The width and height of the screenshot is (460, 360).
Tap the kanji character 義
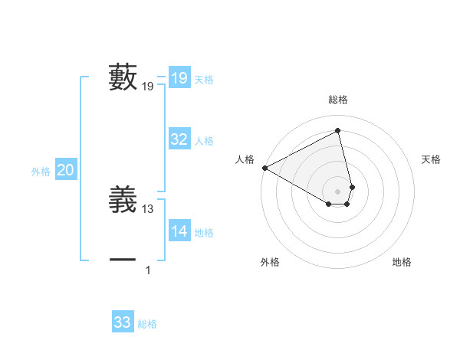click(x=123, y=201)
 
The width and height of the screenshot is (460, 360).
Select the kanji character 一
click(x=123, y=260)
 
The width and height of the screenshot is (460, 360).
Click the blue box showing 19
click(x=179, y=78)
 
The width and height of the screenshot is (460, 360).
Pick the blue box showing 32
click(x=179, y=139)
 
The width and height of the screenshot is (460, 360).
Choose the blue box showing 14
click(x=179, y=231)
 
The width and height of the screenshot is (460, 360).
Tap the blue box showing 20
click(x=65, y=170)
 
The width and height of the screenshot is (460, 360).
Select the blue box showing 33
click(x=122, y=322)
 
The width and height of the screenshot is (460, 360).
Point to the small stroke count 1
click(x=148, y=270)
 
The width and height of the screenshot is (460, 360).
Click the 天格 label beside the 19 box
click(x=204, y=80)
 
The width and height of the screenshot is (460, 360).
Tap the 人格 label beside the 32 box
click(x=204, y=141)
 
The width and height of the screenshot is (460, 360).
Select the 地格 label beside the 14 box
click(x=204, y=233)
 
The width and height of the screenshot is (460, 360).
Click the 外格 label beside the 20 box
click(x=41, y=172)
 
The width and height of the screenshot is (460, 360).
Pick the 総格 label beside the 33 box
click(x=147, y=324)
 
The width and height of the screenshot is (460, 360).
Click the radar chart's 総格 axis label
click(x=338, y=100)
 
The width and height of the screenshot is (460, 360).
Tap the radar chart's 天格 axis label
click(x=431, y=159)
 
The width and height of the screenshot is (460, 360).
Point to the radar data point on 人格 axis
click(x=264, y=168)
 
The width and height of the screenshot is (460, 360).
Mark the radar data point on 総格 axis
click(x=338, y=130)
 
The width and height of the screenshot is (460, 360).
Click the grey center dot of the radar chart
click(x=338, y=191)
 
